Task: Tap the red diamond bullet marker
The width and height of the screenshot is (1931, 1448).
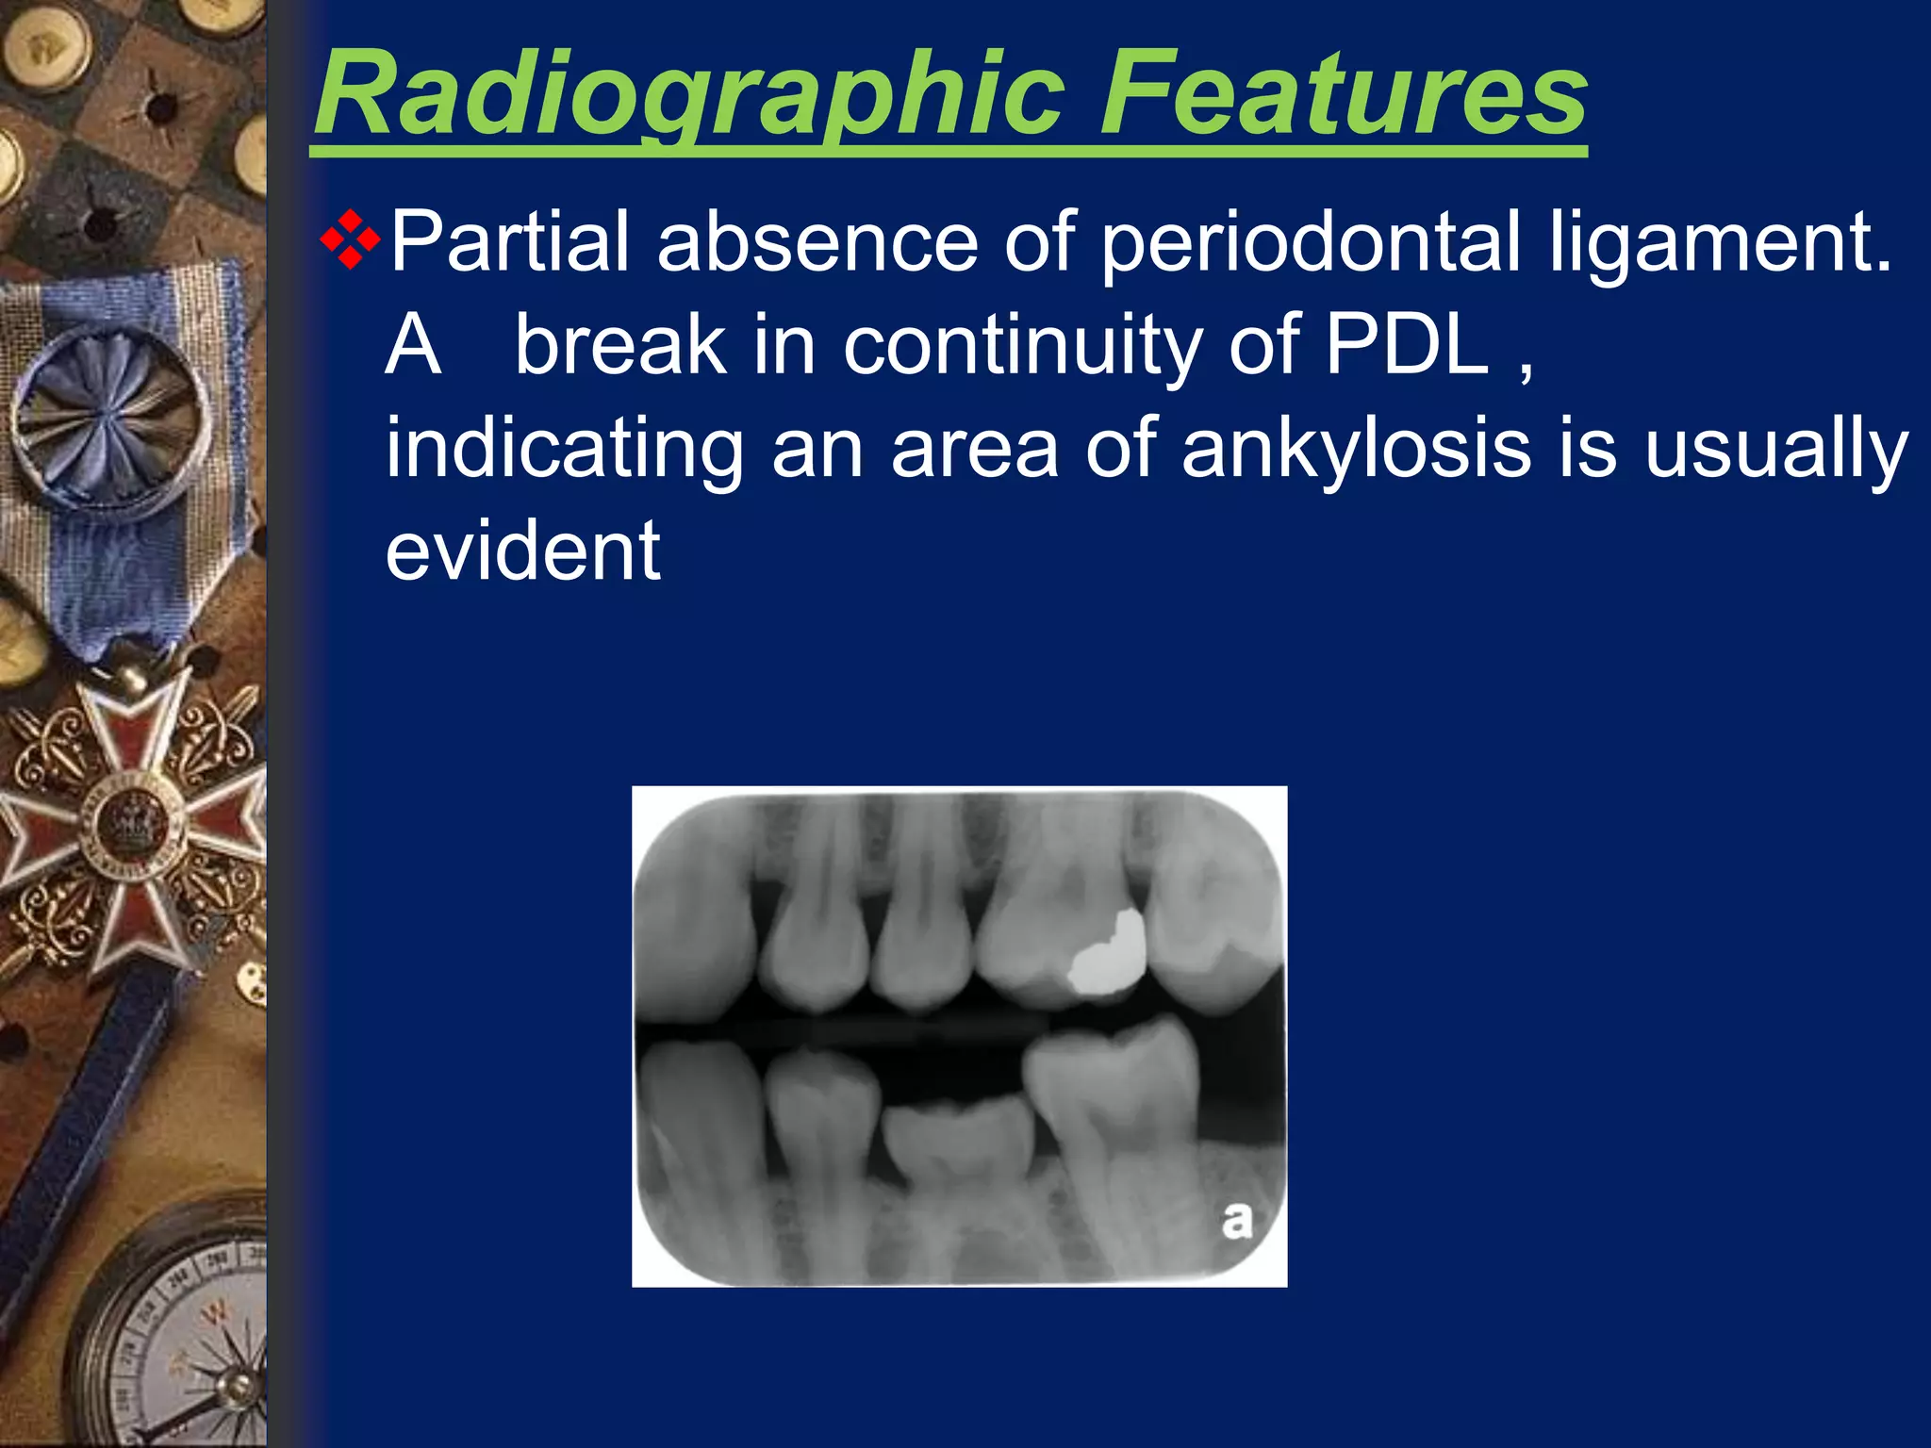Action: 350,241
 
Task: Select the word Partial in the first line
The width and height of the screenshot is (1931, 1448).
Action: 509,242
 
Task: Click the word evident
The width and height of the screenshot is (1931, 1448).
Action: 523,551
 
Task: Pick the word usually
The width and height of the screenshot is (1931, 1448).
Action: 1776,450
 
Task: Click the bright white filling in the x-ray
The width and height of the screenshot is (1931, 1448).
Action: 1109,957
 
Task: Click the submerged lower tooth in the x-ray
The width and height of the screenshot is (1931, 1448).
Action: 958,1145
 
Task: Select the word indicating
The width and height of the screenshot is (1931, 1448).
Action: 565,450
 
